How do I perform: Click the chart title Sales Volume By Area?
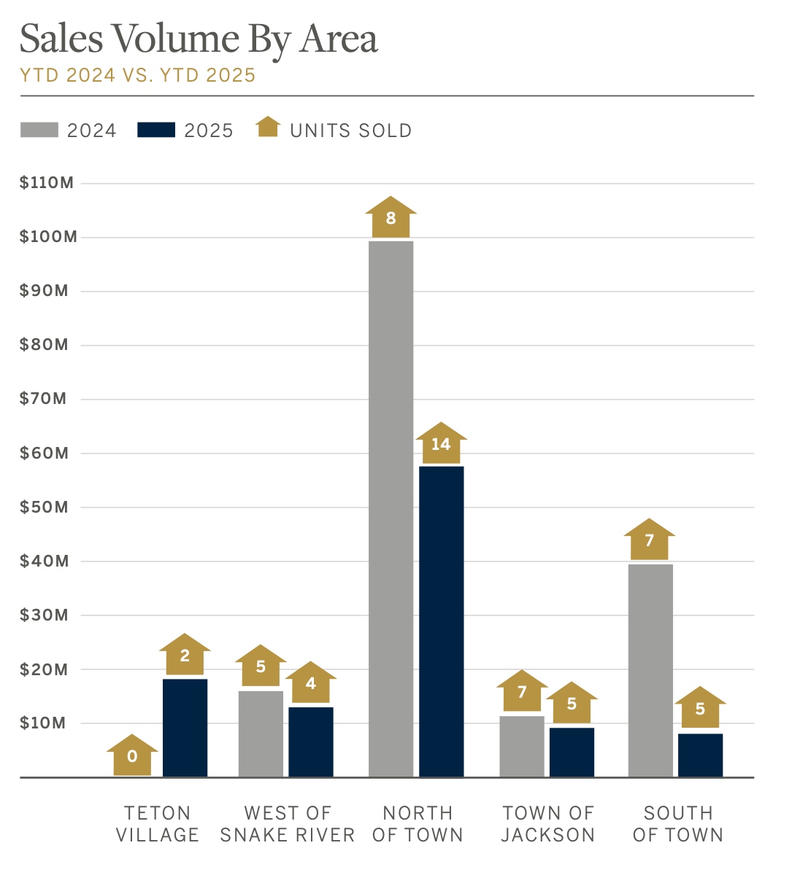pos(199,39)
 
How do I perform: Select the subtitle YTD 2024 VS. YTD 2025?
pos(138,75)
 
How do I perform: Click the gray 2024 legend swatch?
pos(39,131)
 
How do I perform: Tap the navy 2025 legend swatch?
pos(156,131)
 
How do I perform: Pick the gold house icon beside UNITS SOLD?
pos(268,128)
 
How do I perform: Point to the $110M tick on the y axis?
pos(47,183)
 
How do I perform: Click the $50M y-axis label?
pos(44,507)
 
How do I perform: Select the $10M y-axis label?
pos(44,723)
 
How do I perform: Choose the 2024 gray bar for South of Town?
pos(650,670)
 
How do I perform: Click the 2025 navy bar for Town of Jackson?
pos(572,752)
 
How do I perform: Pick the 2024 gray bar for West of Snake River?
pos(261,734)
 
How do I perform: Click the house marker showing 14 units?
pos(441,443)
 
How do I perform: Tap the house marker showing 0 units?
pos(132,756)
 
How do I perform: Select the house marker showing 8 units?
pos(391,217)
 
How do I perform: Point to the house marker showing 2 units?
pos(185,655)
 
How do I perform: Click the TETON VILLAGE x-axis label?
pos(158,824)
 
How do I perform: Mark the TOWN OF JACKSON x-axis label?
pos(547,824)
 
